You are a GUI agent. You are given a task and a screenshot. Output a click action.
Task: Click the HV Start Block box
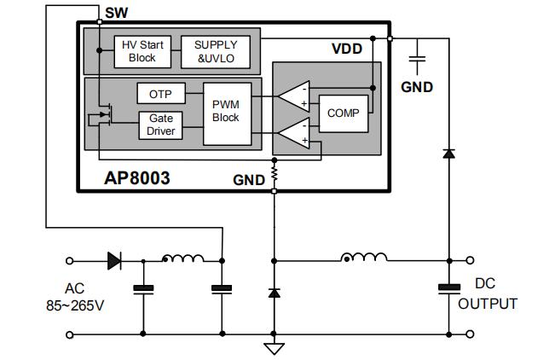click(x=142, y=50)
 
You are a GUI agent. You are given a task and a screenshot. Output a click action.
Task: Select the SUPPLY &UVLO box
click(x=216, y=50)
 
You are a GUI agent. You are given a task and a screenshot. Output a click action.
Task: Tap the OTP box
click(x=160, y=93)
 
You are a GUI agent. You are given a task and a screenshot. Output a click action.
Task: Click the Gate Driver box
click(x=160, y=125)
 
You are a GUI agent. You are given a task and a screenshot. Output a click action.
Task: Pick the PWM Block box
click(x=226, y=109)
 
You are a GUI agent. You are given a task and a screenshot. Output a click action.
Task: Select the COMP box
click(x=344, y=113)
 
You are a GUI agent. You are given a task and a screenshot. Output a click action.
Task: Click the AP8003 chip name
click(x=137, y=178)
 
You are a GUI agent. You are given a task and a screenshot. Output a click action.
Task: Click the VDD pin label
click(x=347, y=49)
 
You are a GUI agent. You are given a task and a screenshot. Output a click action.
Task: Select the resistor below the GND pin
click(x=274, y=175)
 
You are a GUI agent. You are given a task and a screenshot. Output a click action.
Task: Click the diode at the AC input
click(x=114, y=261)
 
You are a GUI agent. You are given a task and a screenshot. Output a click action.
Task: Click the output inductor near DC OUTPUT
click(x=363, y=258)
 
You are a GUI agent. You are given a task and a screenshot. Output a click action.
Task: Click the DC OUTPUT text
click(x=488, y=293)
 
